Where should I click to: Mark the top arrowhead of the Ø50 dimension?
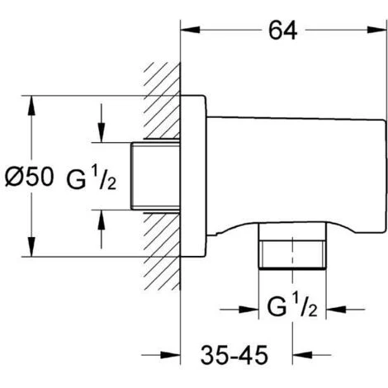(31, 102)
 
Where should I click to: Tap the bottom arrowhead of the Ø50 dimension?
(31, 251)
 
